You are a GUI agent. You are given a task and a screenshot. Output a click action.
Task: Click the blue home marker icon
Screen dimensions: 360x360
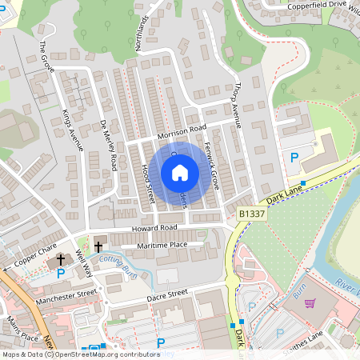pyautogui.click(x=180, y=173)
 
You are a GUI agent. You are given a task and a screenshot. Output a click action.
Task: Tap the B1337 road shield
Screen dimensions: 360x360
pyautogui.click(x=253, y=215)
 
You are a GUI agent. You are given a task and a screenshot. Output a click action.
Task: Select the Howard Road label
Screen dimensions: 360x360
pyautogui.click(x=145, y=230)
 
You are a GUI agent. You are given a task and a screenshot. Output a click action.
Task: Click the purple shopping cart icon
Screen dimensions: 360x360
pyautogui.click(x=310, y=303)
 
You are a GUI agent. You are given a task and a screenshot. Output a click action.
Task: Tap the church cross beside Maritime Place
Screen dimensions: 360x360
pyautogui.click(x=99, y=246)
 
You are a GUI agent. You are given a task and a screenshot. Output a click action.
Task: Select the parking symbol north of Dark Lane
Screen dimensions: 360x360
pyautogui.click(x=294, y=158)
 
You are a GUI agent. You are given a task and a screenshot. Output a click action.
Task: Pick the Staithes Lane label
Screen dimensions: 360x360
pyautogui.click(x=331, y=342)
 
